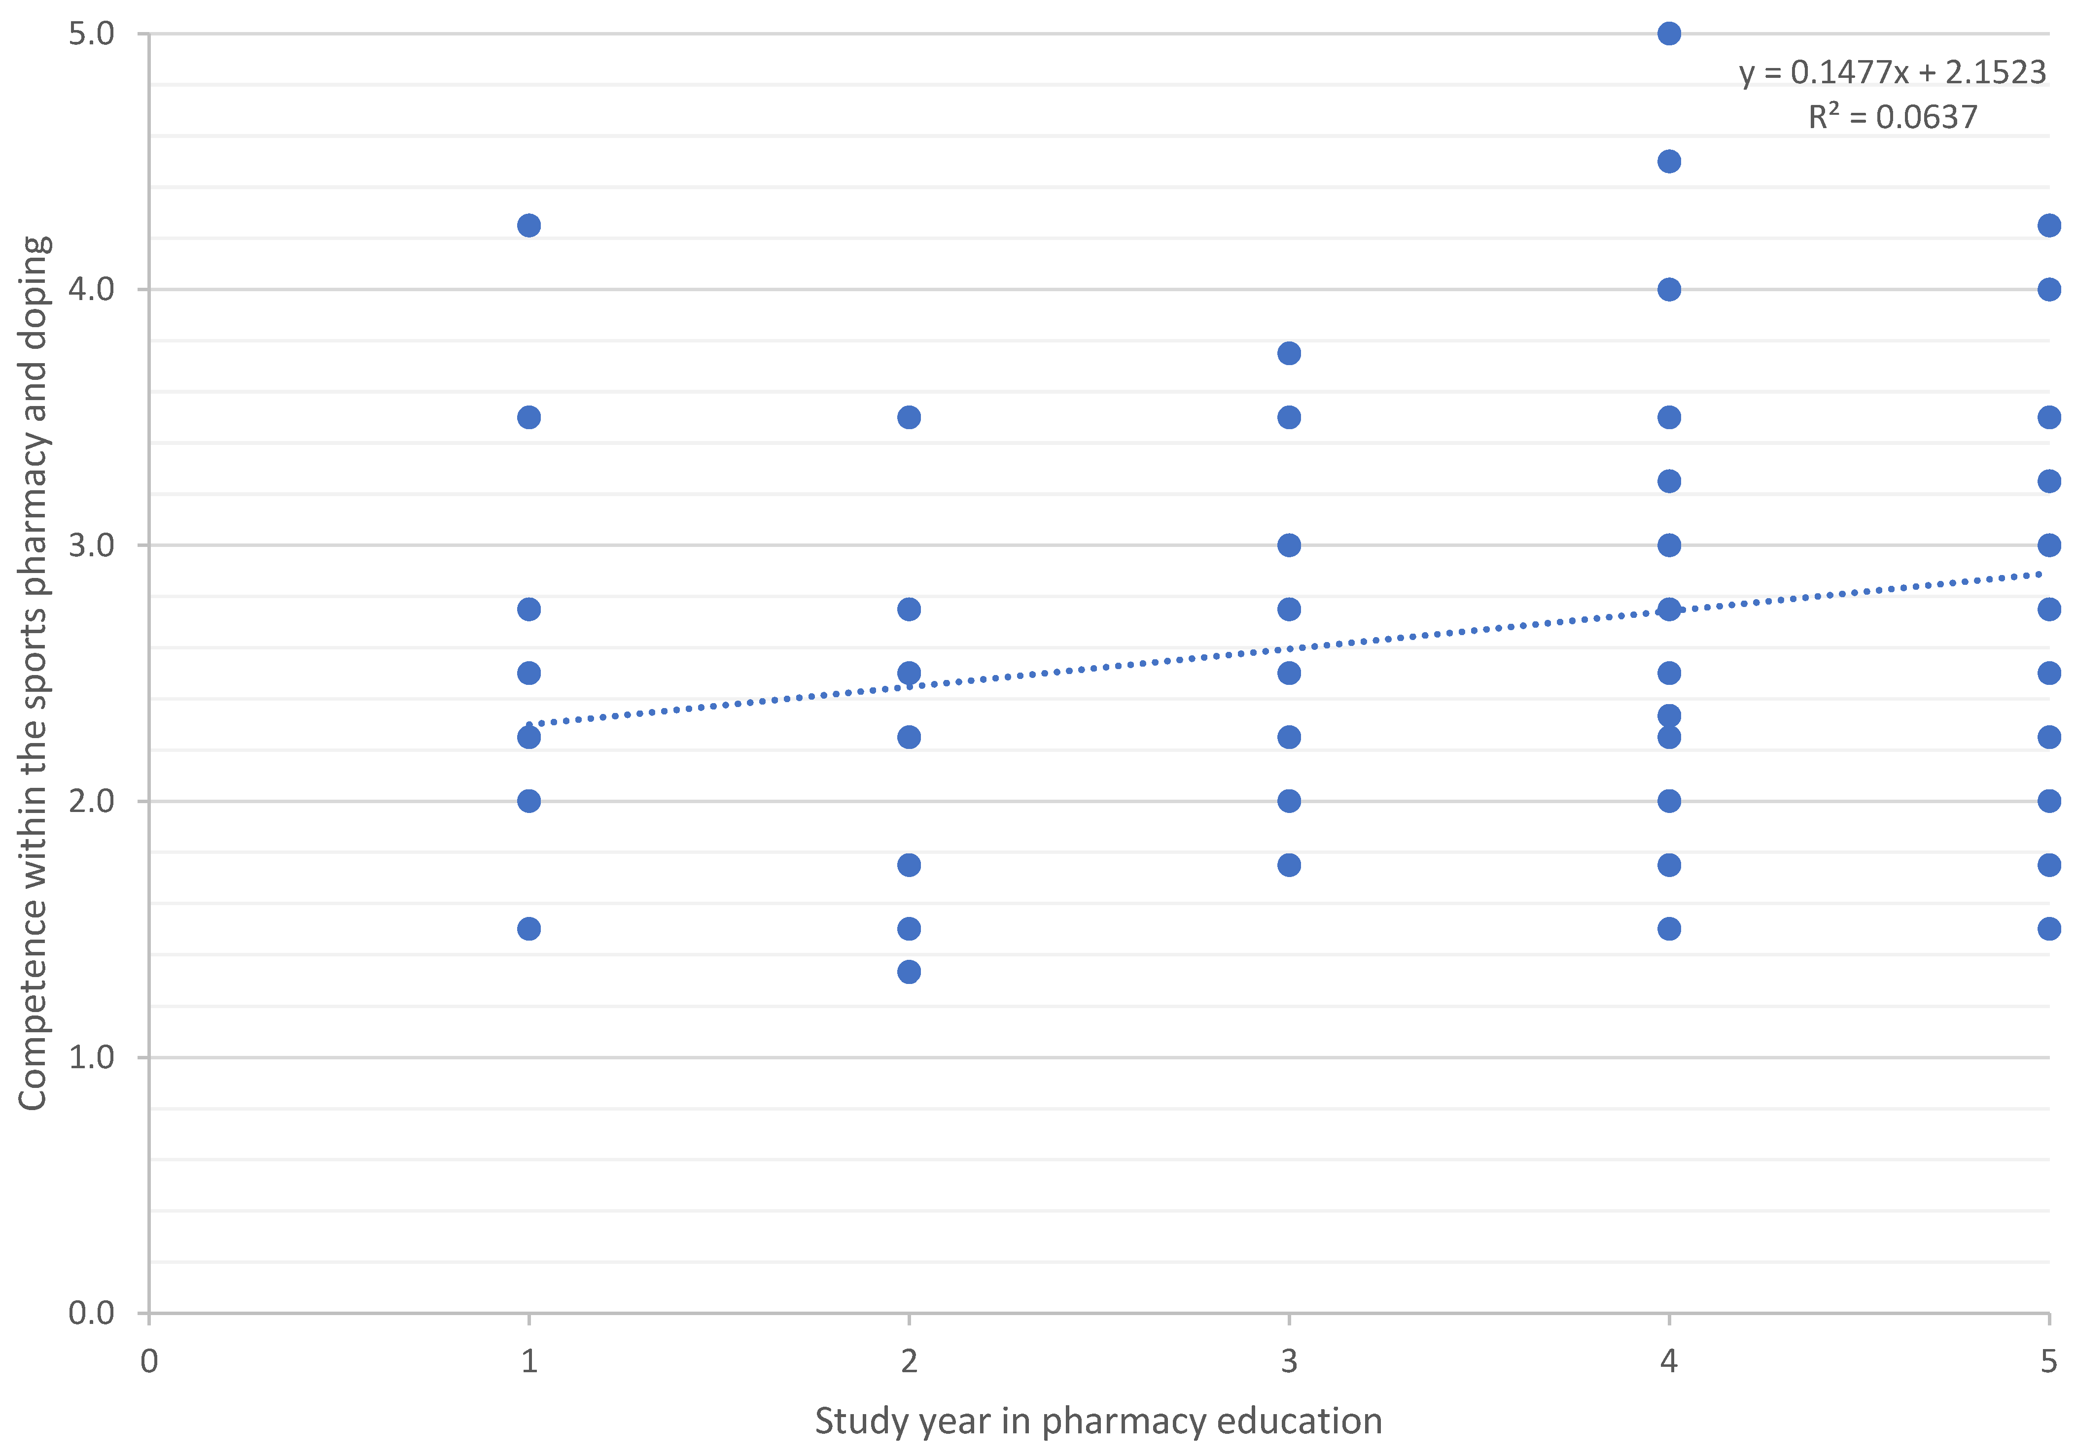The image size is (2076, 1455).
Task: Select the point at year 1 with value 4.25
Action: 529,225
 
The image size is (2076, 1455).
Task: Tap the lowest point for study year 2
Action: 909,972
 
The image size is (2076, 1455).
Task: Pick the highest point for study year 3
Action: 1289,353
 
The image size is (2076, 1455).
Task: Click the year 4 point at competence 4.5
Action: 1669,162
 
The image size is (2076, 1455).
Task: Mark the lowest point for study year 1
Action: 529,929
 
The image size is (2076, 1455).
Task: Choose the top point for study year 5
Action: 2049,225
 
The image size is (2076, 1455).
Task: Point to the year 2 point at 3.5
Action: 909,417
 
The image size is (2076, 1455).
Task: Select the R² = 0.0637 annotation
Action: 1893,117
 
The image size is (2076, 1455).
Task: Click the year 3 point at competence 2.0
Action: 1289,801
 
